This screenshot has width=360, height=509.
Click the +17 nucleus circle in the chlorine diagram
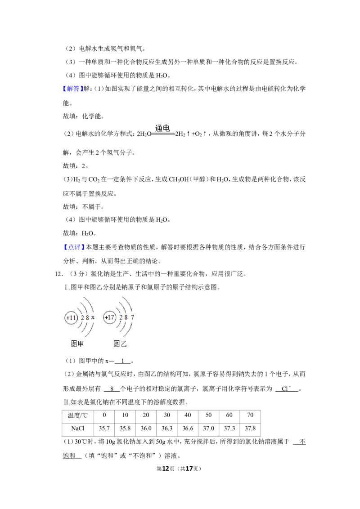(x=109, y=317)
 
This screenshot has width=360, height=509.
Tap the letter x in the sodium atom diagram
(x=93, y=317)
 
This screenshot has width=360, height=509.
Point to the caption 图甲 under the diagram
(x=77, y=344)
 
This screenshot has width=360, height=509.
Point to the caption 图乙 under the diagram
(x=120, y=344)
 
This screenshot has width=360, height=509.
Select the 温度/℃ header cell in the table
(x=78, y=415)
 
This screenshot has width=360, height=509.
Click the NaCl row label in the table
(x=78, y=429)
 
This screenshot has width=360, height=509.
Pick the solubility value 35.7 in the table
(x=104, y=429)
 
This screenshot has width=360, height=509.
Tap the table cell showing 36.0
(x=146, y=429)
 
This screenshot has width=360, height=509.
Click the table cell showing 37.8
(x=250, y=429)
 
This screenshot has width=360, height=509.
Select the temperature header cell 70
(x=250, y=415)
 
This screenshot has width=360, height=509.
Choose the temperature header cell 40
(x=188, y=415)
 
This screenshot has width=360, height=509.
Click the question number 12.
(x=58, y=274)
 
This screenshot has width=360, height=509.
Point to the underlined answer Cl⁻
(x=286, y=388)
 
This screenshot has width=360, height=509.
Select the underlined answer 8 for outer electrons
(x=112, y=388)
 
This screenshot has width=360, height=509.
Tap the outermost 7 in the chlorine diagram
(x=132, y=317)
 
